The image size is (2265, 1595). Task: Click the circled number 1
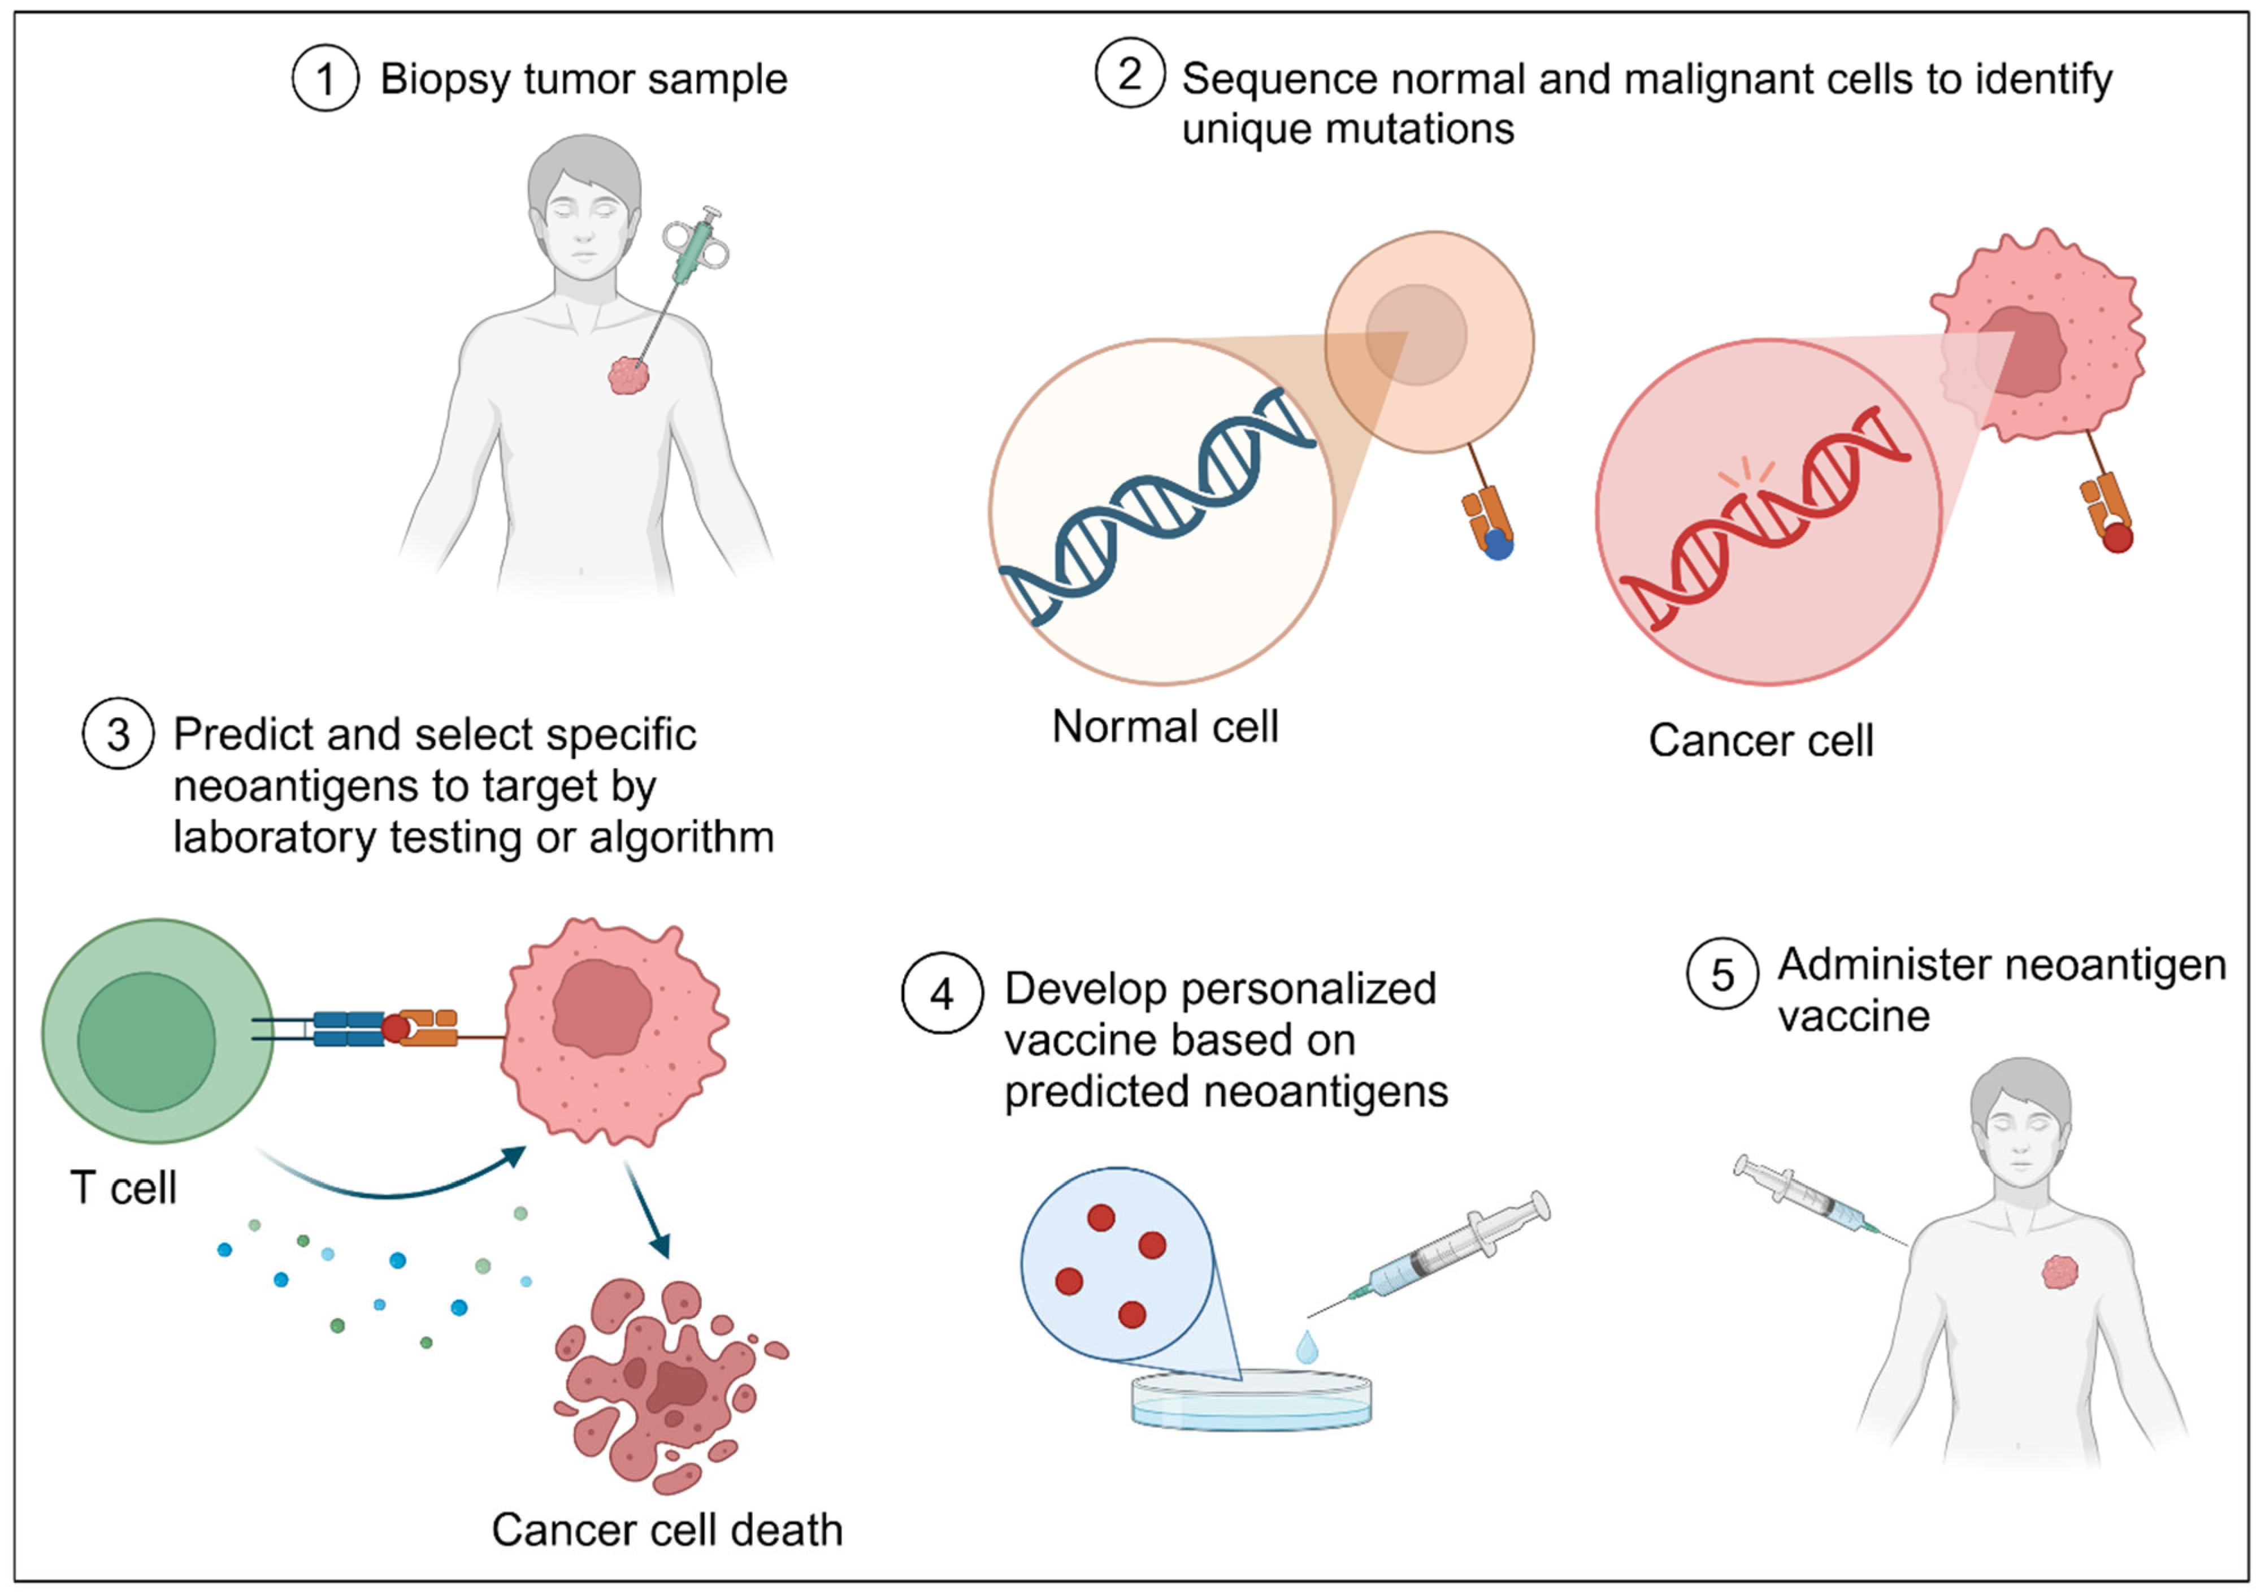pyautogui.click(x=326, y=79)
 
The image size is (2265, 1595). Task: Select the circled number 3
pyautogui.click(x=118, y=734)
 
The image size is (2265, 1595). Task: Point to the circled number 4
pyautogui.click(x=942, y=993)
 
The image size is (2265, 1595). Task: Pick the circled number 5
pyautogui.click(x=1721, y=974)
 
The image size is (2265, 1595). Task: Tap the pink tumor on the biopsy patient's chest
pyautogui.click(x=628, y=375)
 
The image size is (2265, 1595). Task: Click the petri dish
pyautogui.click(x=1251, y=1401)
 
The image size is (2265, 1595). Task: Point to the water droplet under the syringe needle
pyautogui.click(x=1307, y=1346)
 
